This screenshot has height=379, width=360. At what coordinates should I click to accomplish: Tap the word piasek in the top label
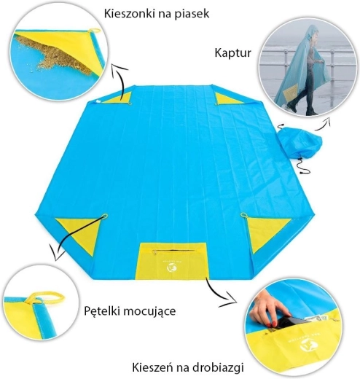pyautogui.click(x=192, y=14)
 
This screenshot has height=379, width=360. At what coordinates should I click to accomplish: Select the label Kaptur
pyautogui.click(x=232, y=53)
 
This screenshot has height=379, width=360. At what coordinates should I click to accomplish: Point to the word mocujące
pyautogui.click(x=151, y=311)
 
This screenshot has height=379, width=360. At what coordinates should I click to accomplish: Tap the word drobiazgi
pyautogui.click(x=218, y=367)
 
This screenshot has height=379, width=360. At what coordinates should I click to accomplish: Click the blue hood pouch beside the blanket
pyautogui.click(x=300, y=143)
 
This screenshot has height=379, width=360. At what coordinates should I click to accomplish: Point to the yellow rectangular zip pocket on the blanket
pyautogui.click(x=172, y=261)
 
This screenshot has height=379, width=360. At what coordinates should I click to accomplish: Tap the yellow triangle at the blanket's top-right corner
pyautogui.click(x=227, y=98)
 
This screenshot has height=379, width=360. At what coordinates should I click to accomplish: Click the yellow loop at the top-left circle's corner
pyautogui.click(x=94, y=31)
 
